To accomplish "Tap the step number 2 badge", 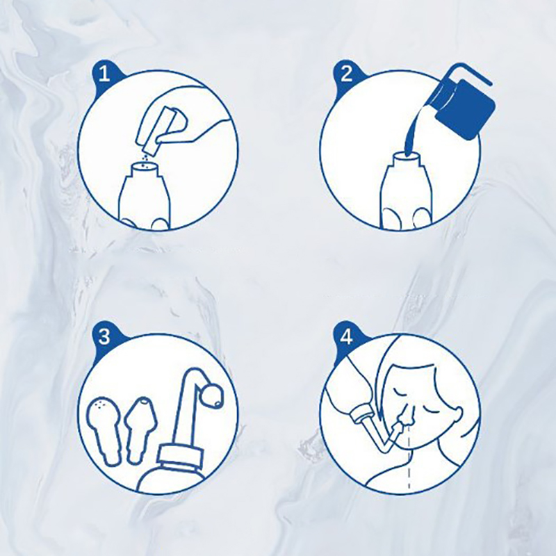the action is click(346, 75).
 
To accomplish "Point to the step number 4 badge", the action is click(346, 336).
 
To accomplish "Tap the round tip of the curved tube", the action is click(212, 396).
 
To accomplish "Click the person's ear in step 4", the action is click(457, 413).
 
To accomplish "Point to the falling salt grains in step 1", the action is click(145, 160).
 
